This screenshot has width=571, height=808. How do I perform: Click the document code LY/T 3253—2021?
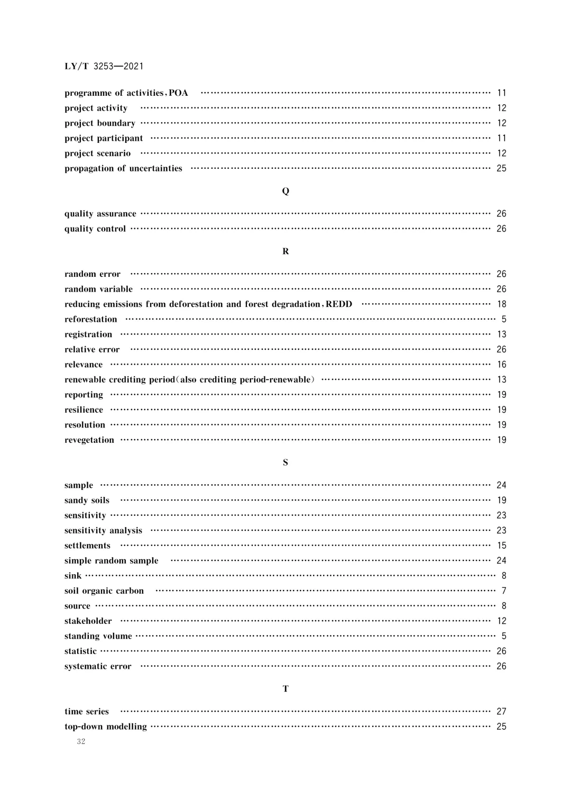coord(104,66)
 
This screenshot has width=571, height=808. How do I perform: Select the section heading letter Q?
coord(285,191)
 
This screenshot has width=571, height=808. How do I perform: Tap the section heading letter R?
coord(285,251)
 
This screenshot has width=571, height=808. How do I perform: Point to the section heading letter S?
coord(285,462)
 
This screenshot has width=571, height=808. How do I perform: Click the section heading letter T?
coord(285,689)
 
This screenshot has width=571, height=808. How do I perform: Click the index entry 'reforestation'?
coord(91,319)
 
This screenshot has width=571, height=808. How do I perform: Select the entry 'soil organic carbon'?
coord(104,591)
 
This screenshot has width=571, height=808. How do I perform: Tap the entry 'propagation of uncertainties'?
coord(123,168)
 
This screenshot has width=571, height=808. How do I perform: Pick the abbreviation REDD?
coord(339,304)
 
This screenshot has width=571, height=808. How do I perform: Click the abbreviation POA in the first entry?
coord(178,93)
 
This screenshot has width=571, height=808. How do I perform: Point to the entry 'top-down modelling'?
coord(106,727)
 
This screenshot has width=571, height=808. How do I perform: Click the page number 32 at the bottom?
coord(81,741)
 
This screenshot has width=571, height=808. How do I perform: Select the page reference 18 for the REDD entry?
coord(501,304)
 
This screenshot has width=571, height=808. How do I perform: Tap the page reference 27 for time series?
coord(501,712)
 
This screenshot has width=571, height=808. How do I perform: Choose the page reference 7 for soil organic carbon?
coord(504,591)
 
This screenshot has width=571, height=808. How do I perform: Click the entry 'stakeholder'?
coord(88,621)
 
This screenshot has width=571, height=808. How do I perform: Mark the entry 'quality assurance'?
coord(100,214)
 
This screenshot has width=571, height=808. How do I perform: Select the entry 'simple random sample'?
coord(112,560)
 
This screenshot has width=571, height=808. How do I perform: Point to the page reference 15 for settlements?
coord(501,546)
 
